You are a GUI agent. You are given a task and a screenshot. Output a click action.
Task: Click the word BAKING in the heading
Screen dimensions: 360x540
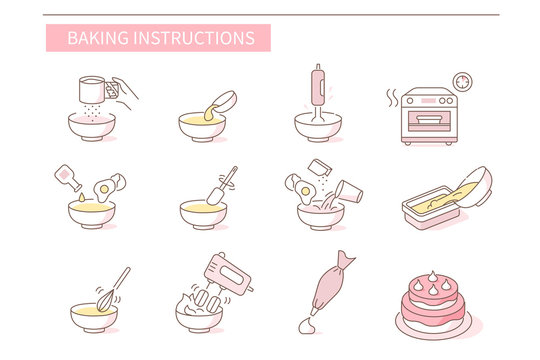[x=91, y=39]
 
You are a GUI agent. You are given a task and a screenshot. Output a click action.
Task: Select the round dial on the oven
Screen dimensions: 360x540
[x=463, y=80]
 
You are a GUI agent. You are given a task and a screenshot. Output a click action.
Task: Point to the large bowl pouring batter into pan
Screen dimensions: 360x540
[x=471, y=190]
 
